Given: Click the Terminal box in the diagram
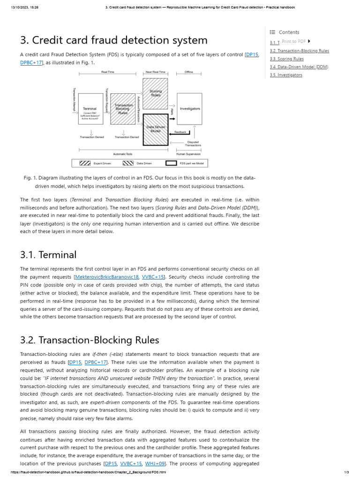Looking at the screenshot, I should point(90,109).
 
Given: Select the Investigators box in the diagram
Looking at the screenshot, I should point(190,109).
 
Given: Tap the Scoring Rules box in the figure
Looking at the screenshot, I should point(155,94).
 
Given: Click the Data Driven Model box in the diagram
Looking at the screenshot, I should point(155,129).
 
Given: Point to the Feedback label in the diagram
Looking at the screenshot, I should point(180,132).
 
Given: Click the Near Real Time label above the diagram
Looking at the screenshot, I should point(155,72).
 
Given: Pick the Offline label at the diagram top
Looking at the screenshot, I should point(188,72).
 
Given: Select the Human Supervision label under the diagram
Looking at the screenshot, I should point(188,154).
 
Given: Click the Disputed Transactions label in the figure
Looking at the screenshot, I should point(193,143).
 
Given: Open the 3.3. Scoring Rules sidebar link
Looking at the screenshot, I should point(286,59).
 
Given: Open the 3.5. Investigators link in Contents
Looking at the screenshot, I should point(286,75).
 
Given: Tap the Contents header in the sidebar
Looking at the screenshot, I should point(288,32).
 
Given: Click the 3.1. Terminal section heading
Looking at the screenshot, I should point(48,255).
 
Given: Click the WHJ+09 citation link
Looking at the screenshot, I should point(155,464).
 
